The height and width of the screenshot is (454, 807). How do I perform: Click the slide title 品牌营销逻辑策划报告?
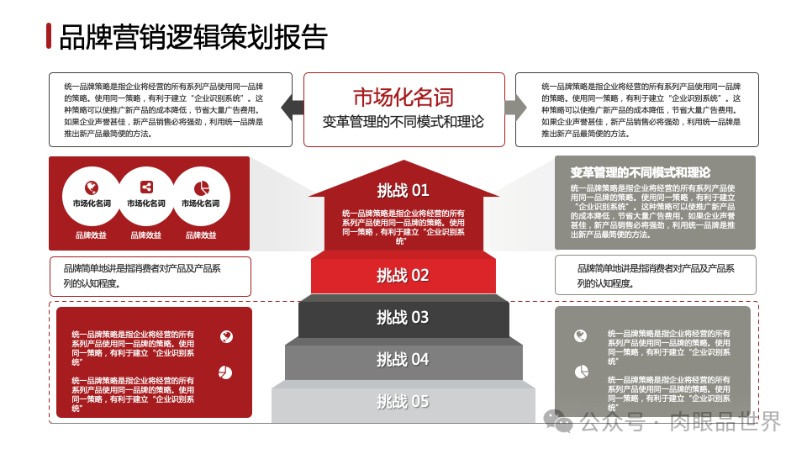coord(193,37)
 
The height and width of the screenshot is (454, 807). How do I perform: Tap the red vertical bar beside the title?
coord(50,36)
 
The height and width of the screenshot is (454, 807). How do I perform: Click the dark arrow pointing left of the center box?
coord(292,107)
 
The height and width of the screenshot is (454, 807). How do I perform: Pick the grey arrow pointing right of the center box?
coord(515,107)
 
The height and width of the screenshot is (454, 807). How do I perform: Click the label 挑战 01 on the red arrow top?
coord(403,190)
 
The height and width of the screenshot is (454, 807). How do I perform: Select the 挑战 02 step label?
coord(403,275)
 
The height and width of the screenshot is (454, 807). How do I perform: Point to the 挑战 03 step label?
coord(403,317)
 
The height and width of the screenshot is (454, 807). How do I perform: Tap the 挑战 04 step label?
coord(403,359)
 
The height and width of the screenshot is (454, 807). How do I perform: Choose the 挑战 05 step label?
coord(403,401)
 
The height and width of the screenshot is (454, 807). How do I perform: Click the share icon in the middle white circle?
coord(146,187)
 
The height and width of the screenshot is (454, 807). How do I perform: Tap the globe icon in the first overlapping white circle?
coord(92,187)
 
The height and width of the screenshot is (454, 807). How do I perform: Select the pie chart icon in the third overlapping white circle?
coord(201,187)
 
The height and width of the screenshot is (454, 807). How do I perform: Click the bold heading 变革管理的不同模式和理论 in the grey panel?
coord(640,172)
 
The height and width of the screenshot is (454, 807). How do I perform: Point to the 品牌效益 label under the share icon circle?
coord(146,235)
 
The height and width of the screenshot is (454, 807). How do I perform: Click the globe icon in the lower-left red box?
coord(225,337)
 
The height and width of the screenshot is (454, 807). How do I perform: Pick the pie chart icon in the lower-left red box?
coord(225,372)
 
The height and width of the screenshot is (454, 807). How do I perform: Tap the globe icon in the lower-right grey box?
coord(580,336)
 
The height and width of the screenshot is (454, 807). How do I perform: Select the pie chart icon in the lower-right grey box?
coord(581,372)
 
